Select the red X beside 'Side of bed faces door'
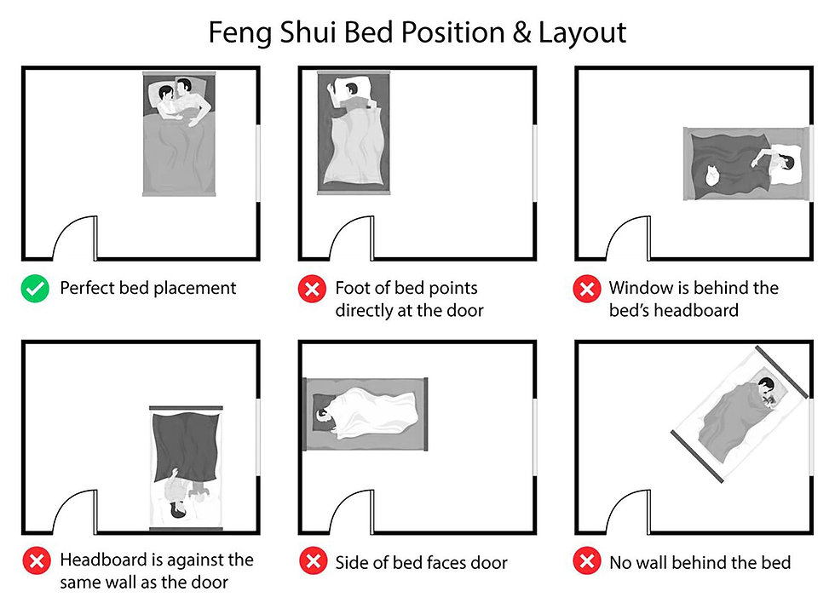312,562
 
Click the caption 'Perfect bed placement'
148,288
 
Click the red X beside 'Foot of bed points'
312,290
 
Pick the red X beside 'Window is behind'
586,290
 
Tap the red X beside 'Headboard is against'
35,562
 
